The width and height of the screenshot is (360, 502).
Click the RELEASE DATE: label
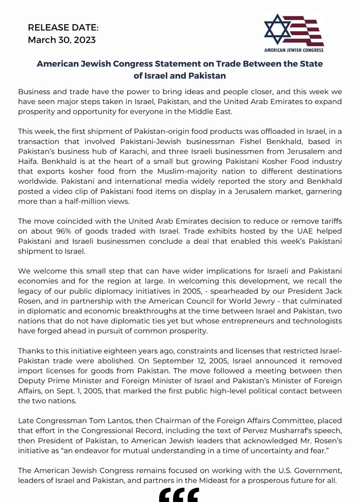coord(63,28)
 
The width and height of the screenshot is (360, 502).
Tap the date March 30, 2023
coord(62,40)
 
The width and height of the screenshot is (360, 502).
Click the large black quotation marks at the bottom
coord(179,495)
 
